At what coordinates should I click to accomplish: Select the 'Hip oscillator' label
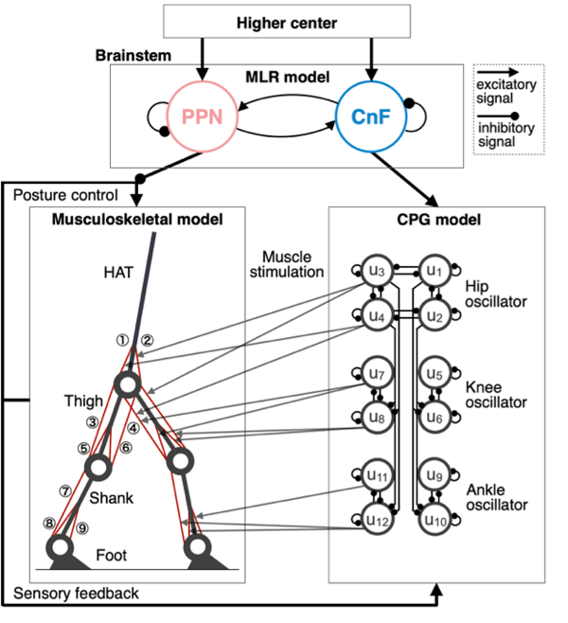click(495, 293)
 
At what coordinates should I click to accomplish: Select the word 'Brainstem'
click(133, 56)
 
